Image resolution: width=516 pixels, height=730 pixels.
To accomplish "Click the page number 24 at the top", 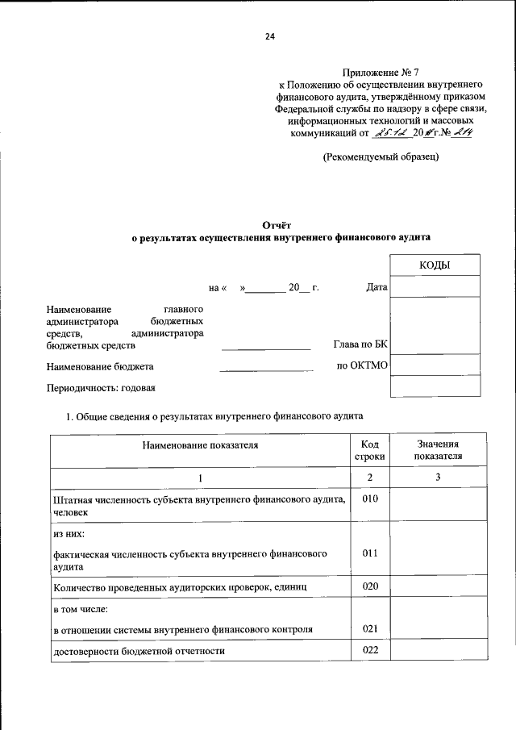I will [269, 36].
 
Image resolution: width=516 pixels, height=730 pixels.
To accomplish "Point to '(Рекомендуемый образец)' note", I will [381, 157].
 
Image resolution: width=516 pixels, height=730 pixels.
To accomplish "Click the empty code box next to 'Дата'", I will [435, 286].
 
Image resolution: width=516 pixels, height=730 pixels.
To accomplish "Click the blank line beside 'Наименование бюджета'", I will [266, 369].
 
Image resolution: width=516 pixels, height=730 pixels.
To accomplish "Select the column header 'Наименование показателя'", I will [201, 444].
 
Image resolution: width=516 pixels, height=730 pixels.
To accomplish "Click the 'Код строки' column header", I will [370, 450].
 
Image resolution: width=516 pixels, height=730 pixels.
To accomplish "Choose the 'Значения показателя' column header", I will [438, 450].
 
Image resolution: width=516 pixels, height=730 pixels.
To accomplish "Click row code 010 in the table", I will [370, 499].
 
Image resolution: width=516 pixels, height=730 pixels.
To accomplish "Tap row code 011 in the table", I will [370, 553].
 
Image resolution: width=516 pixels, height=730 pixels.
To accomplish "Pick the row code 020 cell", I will [370, 586].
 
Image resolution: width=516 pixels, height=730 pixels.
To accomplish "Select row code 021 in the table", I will [370, 628].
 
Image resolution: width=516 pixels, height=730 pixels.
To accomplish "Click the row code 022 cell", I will [370, 650].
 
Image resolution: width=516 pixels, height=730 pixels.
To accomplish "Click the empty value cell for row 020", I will [438, 586].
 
